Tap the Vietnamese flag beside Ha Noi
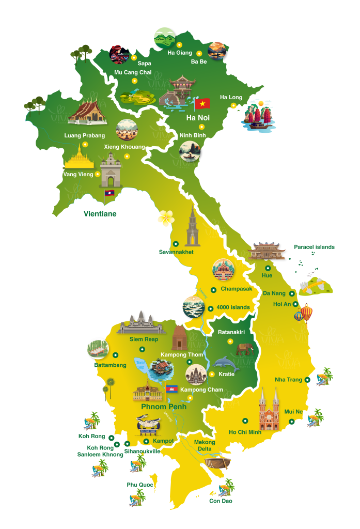(x=202, y=103)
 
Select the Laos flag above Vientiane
(x=109, y=193)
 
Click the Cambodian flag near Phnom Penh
(x=172, y=388)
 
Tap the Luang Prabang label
(x=84, y=136)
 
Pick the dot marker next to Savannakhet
(x=176, y=243)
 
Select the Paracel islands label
(x=314, y=247)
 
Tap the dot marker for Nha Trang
(x=307, y=380)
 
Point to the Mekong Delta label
(x=205, y=446)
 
